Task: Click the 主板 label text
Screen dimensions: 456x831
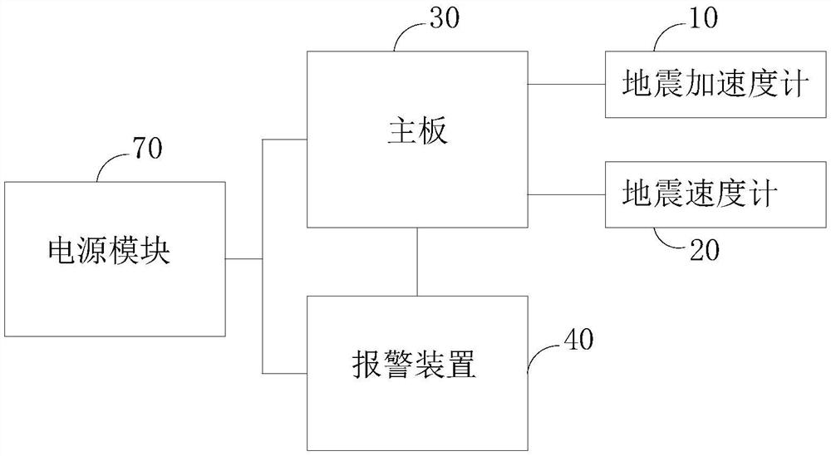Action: pyautogui.click(x=417, y=132)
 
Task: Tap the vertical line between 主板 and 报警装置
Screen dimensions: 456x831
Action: pyautogui.click(x=416, y=262)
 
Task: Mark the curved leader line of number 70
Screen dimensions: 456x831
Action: pyautogui.click(x=108, y=167)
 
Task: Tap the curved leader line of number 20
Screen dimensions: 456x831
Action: pyautogui.click(x=666, y=239)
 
